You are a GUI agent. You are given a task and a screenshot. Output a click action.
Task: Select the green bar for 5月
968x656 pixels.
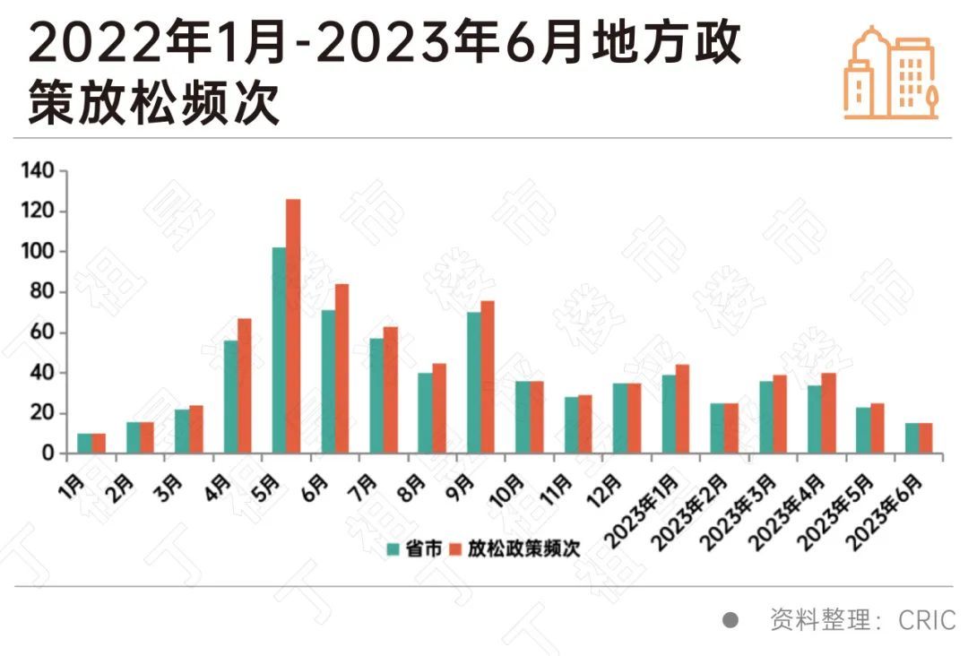click(x=279, y=350)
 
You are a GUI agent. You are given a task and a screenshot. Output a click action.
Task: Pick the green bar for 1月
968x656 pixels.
click(x=84, y=444)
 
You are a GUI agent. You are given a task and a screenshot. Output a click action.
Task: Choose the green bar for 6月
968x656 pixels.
click(x=328, y=382)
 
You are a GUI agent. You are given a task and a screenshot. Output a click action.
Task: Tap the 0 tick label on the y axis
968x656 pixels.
click(x=48, y=453)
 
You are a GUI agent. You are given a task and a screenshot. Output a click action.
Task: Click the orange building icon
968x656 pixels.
click(x=891, y=73)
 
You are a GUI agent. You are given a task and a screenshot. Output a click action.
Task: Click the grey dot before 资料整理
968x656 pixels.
click(x=730, y=619)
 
